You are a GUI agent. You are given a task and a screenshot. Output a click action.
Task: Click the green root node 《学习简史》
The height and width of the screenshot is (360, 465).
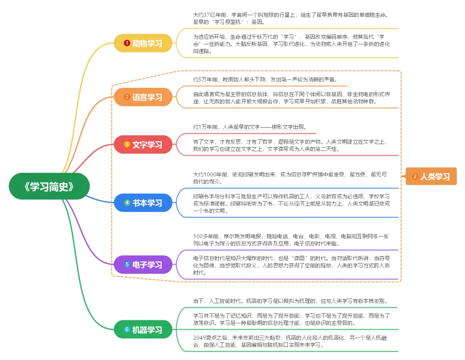[x=49, y=186]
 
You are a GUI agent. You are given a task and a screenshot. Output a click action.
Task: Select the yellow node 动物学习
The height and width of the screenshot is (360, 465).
[x=143, y=43]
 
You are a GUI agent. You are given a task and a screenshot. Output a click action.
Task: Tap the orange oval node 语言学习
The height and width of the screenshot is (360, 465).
[x=143, y=97]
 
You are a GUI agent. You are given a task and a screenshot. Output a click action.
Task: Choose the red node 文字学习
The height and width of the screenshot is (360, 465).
[x=143, y=144]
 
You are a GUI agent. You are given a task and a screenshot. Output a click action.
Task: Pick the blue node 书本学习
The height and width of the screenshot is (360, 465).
[x=143, y=203]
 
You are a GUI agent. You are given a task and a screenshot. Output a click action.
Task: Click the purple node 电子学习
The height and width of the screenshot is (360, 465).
[x=143, y=264]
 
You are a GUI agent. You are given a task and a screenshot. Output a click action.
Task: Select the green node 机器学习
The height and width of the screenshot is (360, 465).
[x=143, y=329]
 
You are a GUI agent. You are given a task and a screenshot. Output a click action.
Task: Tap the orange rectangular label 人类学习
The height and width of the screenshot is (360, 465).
[x=431, y=177]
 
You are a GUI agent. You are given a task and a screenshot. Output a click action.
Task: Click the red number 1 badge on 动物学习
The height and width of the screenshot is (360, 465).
[x=127, y=43]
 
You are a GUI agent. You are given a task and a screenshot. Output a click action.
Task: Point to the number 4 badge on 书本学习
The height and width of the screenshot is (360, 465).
[x=127, y=202]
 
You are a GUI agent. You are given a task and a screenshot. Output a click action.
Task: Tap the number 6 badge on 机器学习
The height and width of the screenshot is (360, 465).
[x=127, y=329]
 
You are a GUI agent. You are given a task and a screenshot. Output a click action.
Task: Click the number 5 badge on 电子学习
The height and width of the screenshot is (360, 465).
[x=127, y=264]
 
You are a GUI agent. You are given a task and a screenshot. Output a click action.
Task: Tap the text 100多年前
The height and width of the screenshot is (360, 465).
[x=206, y=236]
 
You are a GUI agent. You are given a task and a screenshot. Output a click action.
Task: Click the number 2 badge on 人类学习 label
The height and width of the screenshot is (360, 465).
[x=415, y=177]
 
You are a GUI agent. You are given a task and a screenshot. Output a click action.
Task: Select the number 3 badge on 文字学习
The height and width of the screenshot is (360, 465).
[x=127, y=144]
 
